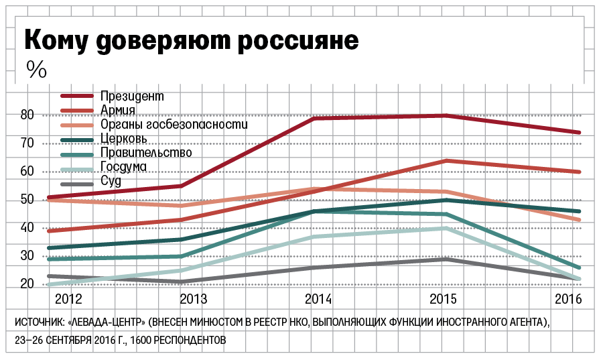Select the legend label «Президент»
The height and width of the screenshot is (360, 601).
[133, 97]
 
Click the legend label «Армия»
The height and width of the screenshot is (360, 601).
[119, 111]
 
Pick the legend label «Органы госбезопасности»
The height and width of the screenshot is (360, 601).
[174, 125]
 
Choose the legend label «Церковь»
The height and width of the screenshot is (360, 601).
[125, 139]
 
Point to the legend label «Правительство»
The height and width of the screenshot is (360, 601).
[146, 153]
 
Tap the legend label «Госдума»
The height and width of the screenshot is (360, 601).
[124, 167]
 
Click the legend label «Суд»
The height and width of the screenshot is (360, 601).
[111, 181]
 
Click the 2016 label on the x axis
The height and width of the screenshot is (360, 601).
[567, 298]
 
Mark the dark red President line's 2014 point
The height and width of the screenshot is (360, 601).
[313, 118]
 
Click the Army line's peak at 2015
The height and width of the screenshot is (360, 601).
[446, 161]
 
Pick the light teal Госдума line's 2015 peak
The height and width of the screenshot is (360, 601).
[446, 228]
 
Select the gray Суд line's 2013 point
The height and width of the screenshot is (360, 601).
[181, 282]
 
